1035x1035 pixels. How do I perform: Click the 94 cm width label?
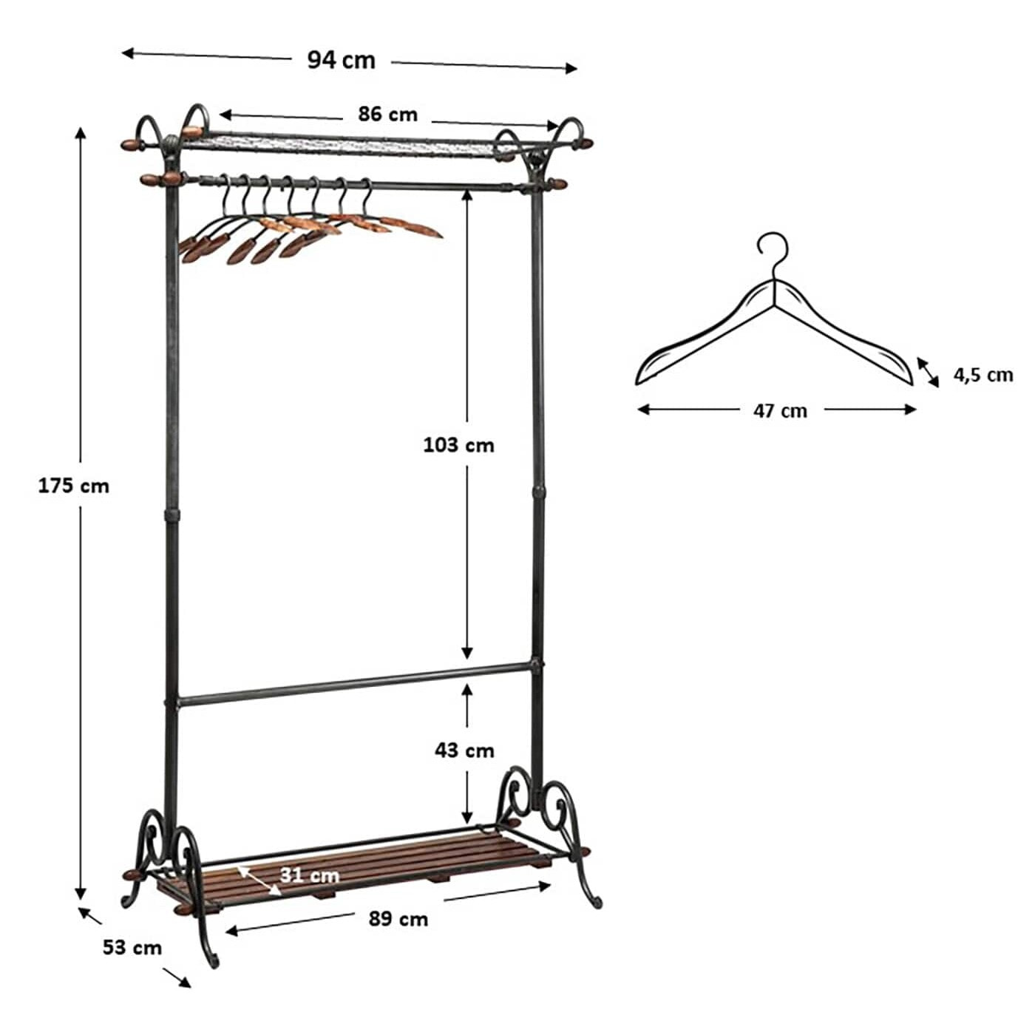point(341,60)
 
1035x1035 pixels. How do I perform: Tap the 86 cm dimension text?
point(387,115)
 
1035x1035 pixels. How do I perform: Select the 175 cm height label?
point(74,486)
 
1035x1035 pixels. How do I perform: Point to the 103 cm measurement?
point(458,445)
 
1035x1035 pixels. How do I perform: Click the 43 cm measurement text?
point(464,751)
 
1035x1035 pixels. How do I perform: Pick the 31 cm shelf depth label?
point(309,876)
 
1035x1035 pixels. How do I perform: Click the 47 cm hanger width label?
point(780,412)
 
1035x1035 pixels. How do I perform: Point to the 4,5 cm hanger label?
point(983,375)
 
